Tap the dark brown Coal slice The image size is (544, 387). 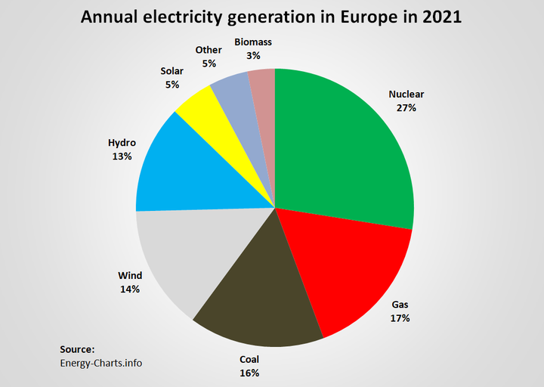(x=253, y=302)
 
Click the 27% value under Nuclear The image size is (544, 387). (x=406, y=108)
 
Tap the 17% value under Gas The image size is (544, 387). (x=400, y=318)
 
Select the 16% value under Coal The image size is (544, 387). (x=250, y=373)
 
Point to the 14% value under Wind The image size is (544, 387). (x=129, y=289)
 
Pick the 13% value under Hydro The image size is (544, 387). (x=122, y=156)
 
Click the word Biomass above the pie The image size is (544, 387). (x=253, y=44)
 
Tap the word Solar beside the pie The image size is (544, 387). (x=172, y=71)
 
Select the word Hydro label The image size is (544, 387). (x=122, y=142)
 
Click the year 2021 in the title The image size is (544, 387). (x=438, y=17)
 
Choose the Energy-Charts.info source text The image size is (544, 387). (x=101, y=363)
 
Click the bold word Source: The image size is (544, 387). (x=77, y=349)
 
